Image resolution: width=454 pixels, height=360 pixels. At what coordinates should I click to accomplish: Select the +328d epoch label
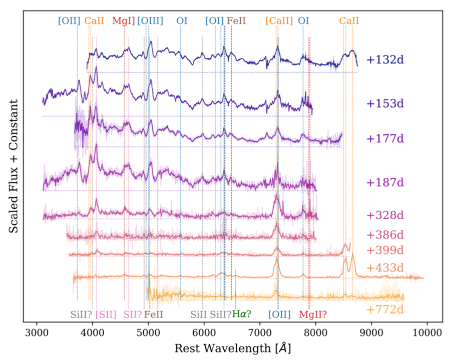coord(385,215)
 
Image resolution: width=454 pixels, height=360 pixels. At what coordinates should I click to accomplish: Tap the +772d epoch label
coord(385,309)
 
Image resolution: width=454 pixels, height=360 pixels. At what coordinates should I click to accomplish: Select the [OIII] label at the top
coord(150,21)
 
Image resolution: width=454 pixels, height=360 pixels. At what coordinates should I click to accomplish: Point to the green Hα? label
coord(242,314)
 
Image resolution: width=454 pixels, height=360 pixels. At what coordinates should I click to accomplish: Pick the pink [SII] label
coord(106,314)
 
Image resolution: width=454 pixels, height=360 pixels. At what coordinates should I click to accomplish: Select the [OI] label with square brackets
coord(214,21)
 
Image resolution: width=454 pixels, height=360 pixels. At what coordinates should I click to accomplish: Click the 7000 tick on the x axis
coord(260,332)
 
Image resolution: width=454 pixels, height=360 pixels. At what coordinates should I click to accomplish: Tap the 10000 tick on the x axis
coord(427,332)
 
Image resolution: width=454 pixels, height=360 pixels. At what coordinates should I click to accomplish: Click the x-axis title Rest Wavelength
coord(232,347)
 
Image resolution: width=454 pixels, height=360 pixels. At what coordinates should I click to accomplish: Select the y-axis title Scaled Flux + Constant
coord(13,165)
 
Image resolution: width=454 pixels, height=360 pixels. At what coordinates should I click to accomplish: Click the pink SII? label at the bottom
coord(133,314)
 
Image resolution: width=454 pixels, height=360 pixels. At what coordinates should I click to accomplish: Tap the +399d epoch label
coord(385,250)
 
